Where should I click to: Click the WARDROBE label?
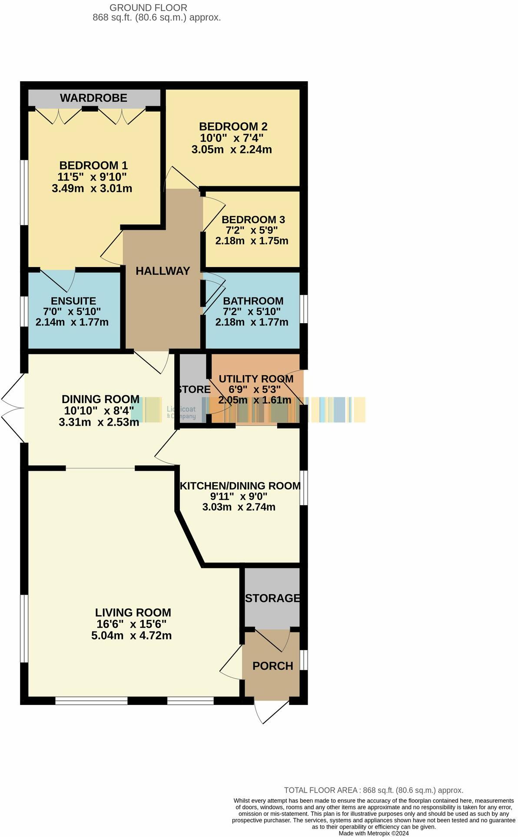[93, 98]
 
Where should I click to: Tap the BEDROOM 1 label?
[93, 165]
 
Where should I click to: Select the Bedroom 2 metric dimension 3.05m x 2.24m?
[232, 150]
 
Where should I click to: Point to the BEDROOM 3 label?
[253, 220]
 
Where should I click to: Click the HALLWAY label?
[163, 271]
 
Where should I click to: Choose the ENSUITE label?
[73, 301]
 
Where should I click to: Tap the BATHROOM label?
[253, 301]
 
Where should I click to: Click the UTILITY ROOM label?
[256, 379]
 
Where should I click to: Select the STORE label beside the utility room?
[194, 390]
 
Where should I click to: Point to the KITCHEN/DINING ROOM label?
[240, 486]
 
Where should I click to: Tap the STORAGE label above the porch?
[272, 598]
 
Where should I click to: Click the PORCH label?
[272, 666]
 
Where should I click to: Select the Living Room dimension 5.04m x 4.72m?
[131, 636]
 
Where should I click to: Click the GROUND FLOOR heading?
[148, 8]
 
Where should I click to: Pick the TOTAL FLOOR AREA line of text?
[373, 791]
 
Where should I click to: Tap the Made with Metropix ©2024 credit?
[373, 834]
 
